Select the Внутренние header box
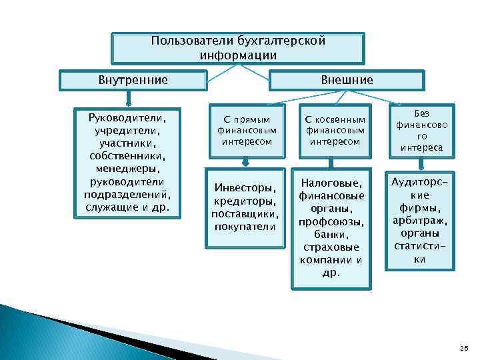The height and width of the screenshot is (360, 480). [x=133, y=80]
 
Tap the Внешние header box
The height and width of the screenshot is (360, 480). [x=347, y=80]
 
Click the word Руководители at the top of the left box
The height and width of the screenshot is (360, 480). [x=126, y=117]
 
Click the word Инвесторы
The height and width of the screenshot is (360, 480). [x=244, y=189]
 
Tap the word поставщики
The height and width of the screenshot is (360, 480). [x=244, y=214]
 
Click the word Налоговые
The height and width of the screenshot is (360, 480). [x=331, y=183]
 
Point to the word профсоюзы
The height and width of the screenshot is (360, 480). [x=331, y=221]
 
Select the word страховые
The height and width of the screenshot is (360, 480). [x=331, y=247]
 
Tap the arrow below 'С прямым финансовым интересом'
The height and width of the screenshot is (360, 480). [x=245, y=161]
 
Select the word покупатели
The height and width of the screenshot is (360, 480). [x=244, y=227]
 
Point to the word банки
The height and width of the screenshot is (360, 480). [x=331, y=234]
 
